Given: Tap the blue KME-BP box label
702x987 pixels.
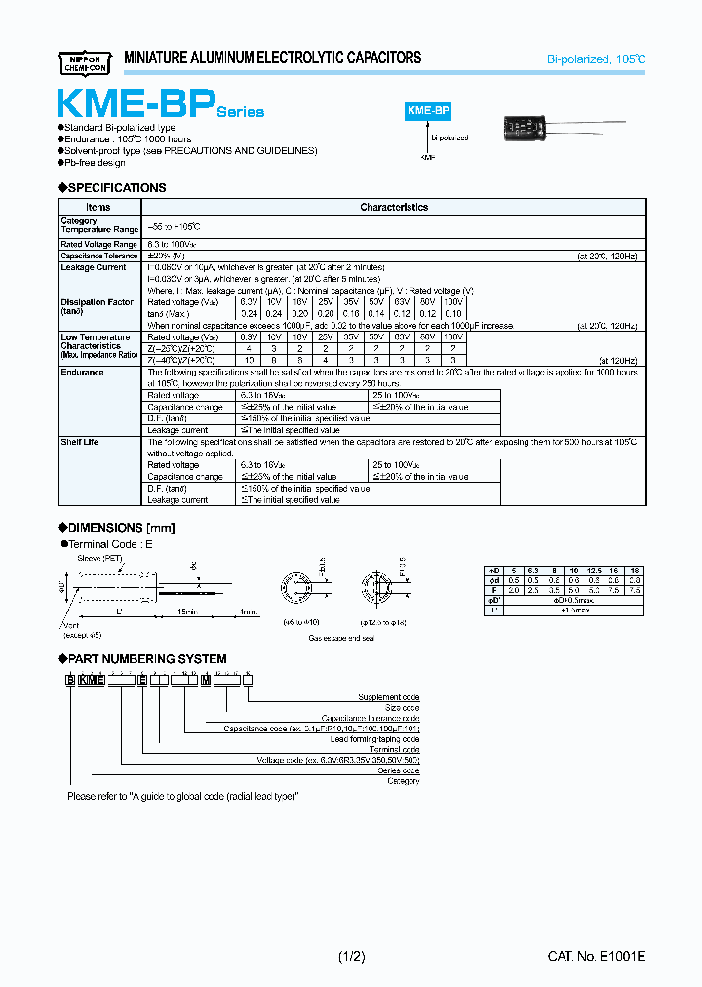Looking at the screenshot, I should [426, 112].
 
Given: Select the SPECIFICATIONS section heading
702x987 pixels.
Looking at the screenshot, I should [112, 187].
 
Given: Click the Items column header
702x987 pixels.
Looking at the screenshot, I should [98, 207].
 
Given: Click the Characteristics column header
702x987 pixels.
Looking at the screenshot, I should [394, 207].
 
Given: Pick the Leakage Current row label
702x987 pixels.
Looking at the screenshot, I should [94, 267].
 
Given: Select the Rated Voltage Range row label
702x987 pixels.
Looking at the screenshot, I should [98, 244].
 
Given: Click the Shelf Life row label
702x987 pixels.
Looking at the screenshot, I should [80, 442].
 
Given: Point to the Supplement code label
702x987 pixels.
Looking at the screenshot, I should [390, 697].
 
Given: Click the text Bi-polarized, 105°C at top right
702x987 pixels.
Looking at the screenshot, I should [596, 59].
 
